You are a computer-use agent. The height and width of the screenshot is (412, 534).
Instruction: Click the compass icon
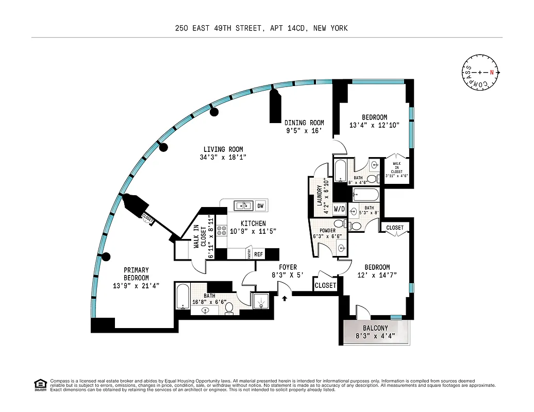[x=480, y=72]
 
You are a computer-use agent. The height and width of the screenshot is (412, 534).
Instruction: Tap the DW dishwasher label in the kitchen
[x=260, y=205]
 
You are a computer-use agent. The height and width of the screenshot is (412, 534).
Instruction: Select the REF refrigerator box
[x=258, y=254]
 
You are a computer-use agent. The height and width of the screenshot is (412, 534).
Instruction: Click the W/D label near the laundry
[x=340, y=209]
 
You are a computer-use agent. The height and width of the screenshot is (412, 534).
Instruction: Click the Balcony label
[x=375, y=328]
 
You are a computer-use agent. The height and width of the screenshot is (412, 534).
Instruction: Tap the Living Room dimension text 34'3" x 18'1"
[x=223, y=157]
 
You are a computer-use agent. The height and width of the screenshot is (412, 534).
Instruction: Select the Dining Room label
[x=304, y=123]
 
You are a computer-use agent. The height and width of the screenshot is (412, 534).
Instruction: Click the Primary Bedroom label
[x=136, y=273]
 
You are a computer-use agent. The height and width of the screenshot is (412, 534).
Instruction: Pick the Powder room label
[x=327, y=230]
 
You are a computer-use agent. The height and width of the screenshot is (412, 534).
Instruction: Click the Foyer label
[x=288, y=267]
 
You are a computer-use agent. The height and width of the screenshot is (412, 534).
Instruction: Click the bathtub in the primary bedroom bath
[x=182, y=298]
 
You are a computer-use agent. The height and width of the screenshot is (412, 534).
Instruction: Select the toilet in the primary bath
[x=230, y=307]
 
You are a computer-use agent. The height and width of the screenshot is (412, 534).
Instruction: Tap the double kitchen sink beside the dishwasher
[x=243, y=205]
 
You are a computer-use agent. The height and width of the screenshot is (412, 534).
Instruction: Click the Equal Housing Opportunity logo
[x=40, y=384]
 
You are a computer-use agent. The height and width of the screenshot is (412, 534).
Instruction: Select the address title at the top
[x=261, y=28]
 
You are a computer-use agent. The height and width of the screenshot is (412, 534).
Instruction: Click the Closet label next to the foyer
[x=325, y=285]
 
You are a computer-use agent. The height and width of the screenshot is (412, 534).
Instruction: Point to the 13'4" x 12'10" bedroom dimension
[x=374, y=125]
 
